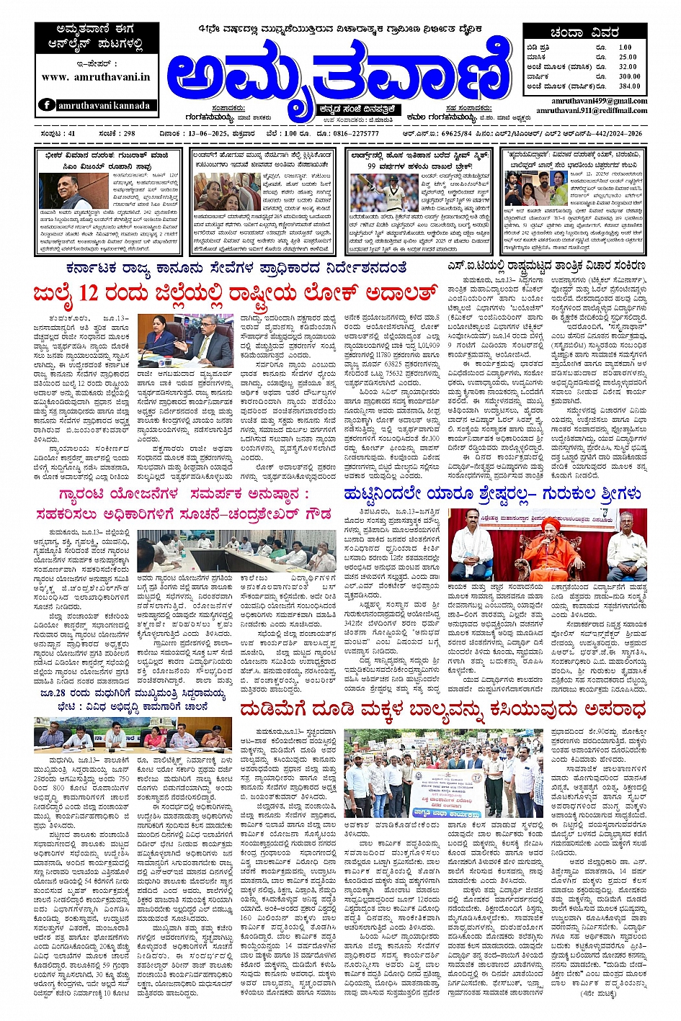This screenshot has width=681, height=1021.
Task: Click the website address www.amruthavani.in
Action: [96, 77]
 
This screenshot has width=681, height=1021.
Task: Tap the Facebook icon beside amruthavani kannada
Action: [48, 105]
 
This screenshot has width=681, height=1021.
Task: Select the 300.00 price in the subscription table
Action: [628, 76]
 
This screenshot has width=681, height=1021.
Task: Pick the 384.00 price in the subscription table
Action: [628, 86]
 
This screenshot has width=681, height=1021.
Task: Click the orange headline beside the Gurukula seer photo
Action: [492, 494]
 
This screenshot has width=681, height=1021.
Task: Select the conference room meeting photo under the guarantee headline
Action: [236, 550]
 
